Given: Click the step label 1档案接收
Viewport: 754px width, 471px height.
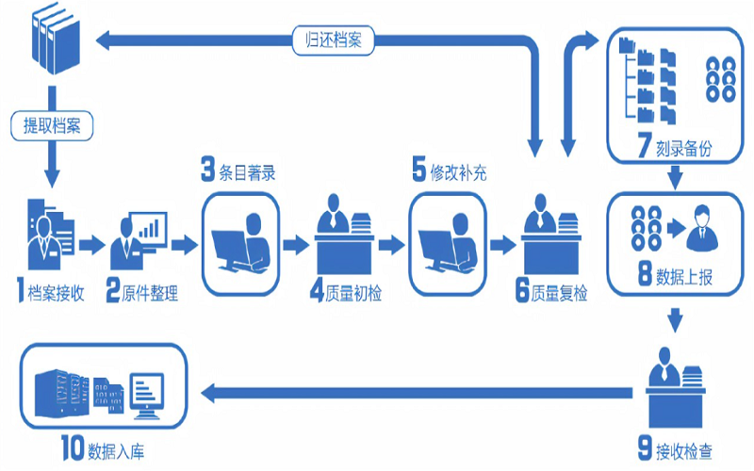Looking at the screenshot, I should [51, 292].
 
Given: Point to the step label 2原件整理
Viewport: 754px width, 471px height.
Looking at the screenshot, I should [142, 292].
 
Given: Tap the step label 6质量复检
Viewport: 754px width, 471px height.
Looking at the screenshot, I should [552, 292].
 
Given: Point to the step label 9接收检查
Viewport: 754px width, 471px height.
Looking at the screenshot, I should [672, 447].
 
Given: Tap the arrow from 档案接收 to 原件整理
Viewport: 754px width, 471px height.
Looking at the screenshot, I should [91, 246].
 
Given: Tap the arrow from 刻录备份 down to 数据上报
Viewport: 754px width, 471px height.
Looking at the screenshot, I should [675, 177].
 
